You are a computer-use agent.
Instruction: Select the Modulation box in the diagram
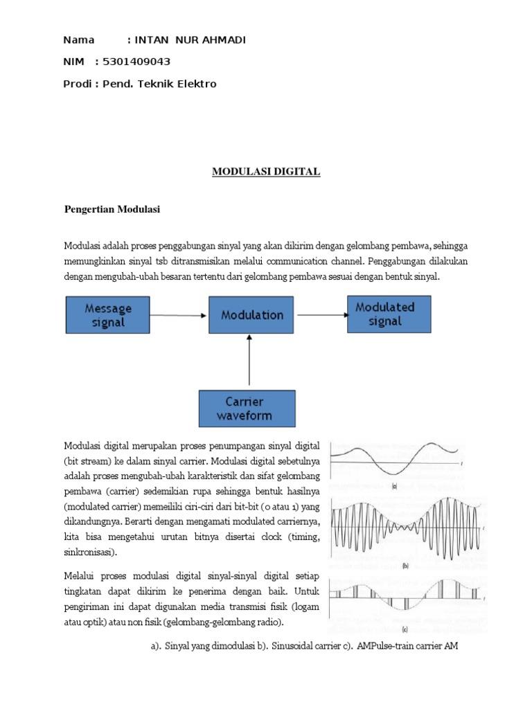tap(252, 315)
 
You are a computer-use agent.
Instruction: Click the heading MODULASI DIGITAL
tap(266, 172)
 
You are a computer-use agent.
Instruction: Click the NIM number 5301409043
tap(136, 62)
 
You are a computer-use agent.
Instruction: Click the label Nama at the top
tap(78, 40)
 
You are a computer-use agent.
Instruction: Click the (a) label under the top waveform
tap(394, 487)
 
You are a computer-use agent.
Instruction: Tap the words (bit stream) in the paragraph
tap(89, 459)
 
